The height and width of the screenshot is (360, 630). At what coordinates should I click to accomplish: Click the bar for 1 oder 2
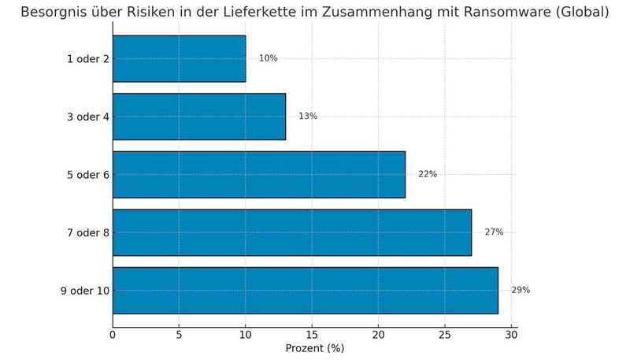point(179,58)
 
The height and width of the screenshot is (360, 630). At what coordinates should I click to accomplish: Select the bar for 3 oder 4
point(198,117)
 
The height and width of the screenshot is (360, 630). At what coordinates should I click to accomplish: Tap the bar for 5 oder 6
point(258,174)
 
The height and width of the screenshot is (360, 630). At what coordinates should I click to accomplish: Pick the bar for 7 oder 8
point(291,232)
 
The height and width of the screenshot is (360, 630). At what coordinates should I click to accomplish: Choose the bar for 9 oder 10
point(305,291)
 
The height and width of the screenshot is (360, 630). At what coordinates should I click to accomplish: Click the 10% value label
point(268,58)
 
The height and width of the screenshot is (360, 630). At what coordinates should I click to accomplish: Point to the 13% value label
point(307,117)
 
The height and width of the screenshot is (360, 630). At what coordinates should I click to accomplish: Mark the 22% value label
point(427,174)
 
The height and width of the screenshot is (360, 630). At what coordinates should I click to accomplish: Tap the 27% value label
point(494,232)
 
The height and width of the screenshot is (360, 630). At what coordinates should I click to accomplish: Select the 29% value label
point(521,291)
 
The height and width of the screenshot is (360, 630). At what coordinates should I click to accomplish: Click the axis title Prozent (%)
point(314,348)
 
